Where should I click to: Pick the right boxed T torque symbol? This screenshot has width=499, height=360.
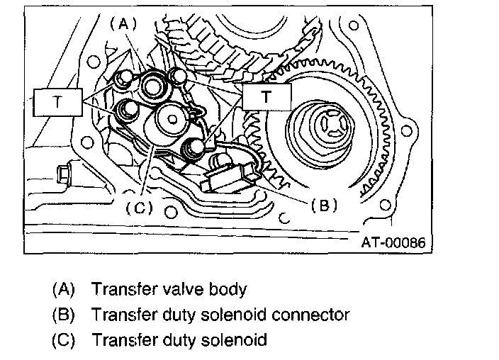(266, 97)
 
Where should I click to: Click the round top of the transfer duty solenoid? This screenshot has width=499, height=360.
(170, 120)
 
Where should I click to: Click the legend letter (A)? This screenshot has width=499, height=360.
(64, 289)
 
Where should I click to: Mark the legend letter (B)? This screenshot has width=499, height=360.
(64, 314)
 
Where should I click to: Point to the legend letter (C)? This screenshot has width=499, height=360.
(64, 339)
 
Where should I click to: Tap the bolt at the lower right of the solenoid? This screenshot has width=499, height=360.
(194, 148)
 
